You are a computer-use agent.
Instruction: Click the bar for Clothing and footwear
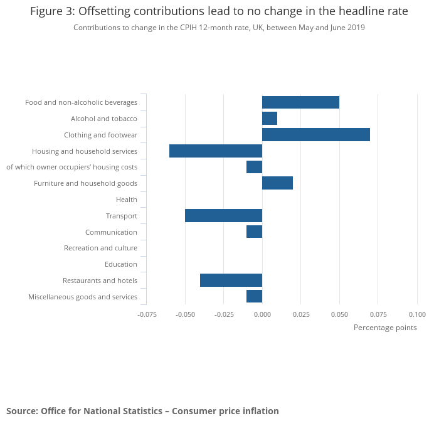point(315,135)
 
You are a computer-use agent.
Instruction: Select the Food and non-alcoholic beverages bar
point(300,102)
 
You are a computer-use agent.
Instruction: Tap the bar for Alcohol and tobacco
point(270,119)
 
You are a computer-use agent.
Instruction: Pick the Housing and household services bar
point(216,151)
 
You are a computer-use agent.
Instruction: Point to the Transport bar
point(223,216)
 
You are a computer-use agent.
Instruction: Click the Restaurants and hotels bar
point(231,281)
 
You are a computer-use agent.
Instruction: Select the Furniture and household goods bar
point(277,183)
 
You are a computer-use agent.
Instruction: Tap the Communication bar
point(254,232)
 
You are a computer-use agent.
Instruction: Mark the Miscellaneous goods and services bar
point(254,296)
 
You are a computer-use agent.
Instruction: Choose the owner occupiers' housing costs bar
point(254,167)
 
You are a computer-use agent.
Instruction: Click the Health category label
point(127,200)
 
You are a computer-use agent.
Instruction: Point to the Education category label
point(121,264)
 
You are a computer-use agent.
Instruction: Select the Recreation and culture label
point(100,248)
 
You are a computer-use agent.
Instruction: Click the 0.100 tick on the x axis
point(417,314)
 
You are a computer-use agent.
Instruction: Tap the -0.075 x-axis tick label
point(147,314)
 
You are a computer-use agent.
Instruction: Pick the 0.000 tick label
point(262,314)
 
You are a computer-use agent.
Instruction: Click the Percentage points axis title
point(385,328)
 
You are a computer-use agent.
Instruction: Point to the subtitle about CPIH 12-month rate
point(219,28)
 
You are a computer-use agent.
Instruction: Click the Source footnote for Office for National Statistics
point(142,411)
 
